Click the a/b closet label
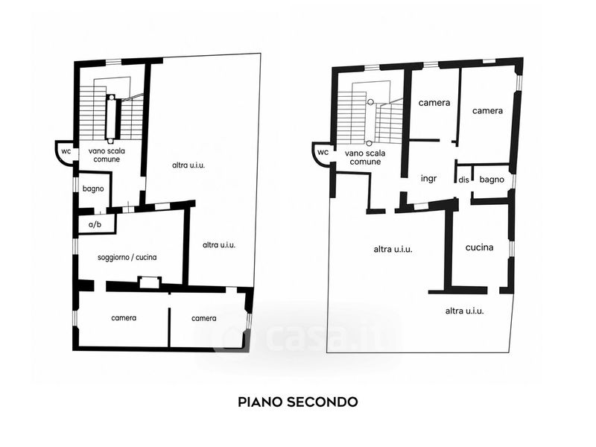95,225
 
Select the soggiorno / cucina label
127,257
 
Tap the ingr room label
429,179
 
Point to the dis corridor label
463,180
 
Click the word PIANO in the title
259,402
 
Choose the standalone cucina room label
479,247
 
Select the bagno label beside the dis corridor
492,180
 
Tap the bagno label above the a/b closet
93,189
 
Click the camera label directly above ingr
434,103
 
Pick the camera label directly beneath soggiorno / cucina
124,318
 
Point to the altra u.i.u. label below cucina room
464,311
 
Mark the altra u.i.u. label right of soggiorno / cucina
219,245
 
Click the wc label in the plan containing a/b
66,151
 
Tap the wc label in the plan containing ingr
323,153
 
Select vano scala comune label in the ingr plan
365,157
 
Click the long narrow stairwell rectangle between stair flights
110,118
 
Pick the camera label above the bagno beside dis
487,110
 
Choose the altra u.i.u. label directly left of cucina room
393,250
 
